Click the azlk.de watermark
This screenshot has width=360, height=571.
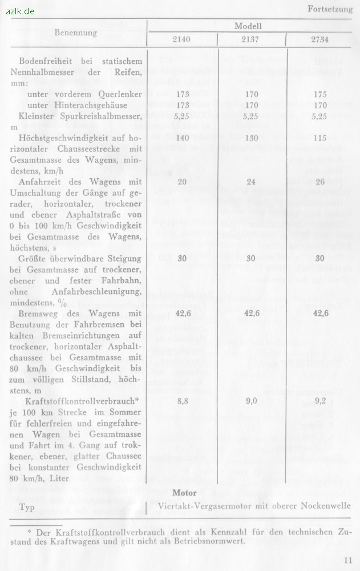[21, 11]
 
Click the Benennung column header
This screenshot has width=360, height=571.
[76, 33]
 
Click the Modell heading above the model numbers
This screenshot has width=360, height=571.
[248, 26]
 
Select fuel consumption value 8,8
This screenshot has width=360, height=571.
[182, 402]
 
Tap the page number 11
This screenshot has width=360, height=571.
[348, 560]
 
